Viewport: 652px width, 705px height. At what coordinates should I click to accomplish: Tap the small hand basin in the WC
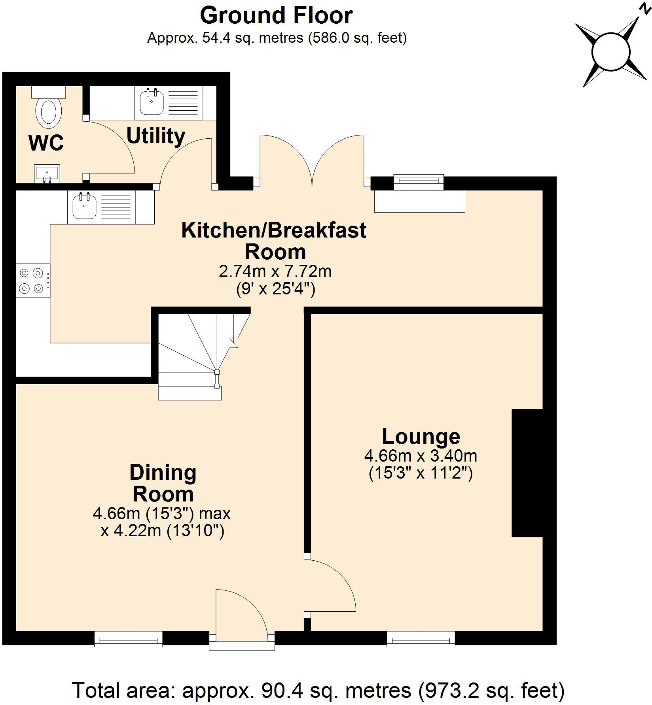pyautogui.click(x=47, y=173)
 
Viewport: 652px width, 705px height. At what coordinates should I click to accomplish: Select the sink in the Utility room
pyautogui.click(x=152, y=102)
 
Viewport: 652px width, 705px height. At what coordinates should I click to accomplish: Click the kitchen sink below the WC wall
pyautogui.click(x=84, y=206)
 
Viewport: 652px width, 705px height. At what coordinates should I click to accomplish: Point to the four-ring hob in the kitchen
pyautogui.click(x=32, y=280)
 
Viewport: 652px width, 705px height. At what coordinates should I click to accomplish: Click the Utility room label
pyautogui.click(x=155, y=136)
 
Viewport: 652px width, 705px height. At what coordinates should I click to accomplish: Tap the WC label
pyautogui.click(x=46, y=143)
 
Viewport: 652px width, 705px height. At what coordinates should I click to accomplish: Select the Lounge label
pyautogui.click(x=421, y=436)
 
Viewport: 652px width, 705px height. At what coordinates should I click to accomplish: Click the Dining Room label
pyautogui.click(x=163, y=483)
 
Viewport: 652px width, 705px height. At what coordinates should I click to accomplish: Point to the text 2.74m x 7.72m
pyautogui.click(x=275, y=271)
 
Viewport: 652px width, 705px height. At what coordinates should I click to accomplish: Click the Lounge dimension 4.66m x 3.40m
pyautogui.click(x=421, y=456)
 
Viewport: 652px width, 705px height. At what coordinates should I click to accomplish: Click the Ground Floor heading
pyautogui.click(x=276, y=16)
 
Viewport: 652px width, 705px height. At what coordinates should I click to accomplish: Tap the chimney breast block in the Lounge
pyautogui.click(x=527, y=473)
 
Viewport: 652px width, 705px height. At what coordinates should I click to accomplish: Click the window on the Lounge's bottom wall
pyautogui.click(x=421, y=639)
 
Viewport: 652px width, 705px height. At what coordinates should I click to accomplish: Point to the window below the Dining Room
pyautogui.click(x=129, y=639)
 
